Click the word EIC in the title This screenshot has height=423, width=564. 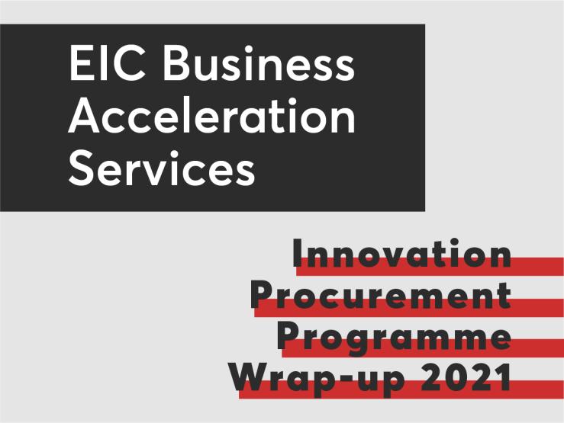pyautogui.click(x=107, y=64)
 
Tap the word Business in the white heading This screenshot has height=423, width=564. pyautogui.click(x=259, y=63)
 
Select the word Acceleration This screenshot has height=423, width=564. pyautogui.click(x=212, y=116)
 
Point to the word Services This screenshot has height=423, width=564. pyautogui.click(x=162, y=168)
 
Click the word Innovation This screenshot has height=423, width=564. pyautogui.click(x=401, y=253)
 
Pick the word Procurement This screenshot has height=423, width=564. pyautogui.click(x=381, y=294)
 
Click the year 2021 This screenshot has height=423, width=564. pyautogui.click(x=466, y=377)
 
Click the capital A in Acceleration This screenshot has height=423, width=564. pyautogui.click(x=83, y=116)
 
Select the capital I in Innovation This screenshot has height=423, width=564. pyautogui.click(x=297, y=253)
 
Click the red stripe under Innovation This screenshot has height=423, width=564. pyautogui.click(x=430, y=267)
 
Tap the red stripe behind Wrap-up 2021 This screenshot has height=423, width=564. pyautogui.click(x=401, y=389)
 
